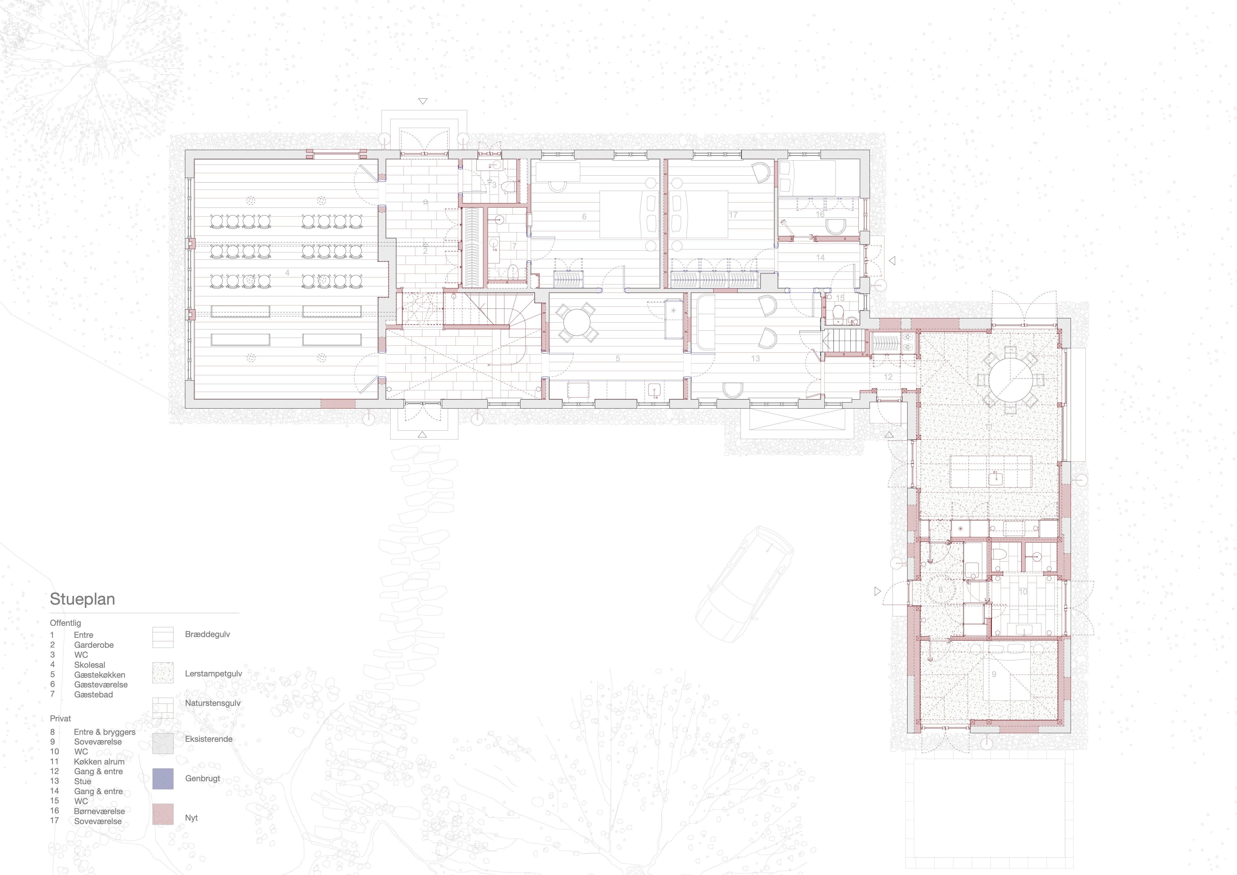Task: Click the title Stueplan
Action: [83, 599]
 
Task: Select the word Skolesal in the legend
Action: [89, 665]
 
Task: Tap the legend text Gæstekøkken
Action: [100, 674]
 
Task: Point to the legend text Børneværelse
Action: [100, 811]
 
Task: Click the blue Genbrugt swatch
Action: [163, 778]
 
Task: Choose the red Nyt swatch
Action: [163, 814]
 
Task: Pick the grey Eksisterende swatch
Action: [163, 743]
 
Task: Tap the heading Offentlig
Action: [65, 623]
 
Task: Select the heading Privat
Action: [60, 718]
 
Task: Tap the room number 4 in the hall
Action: [287, 273]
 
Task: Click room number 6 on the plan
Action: [584, 217]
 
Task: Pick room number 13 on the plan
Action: [755, 358]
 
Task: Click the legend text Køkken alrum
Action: [99, 761]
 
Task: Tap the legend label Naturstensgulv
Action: [213, 703]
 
